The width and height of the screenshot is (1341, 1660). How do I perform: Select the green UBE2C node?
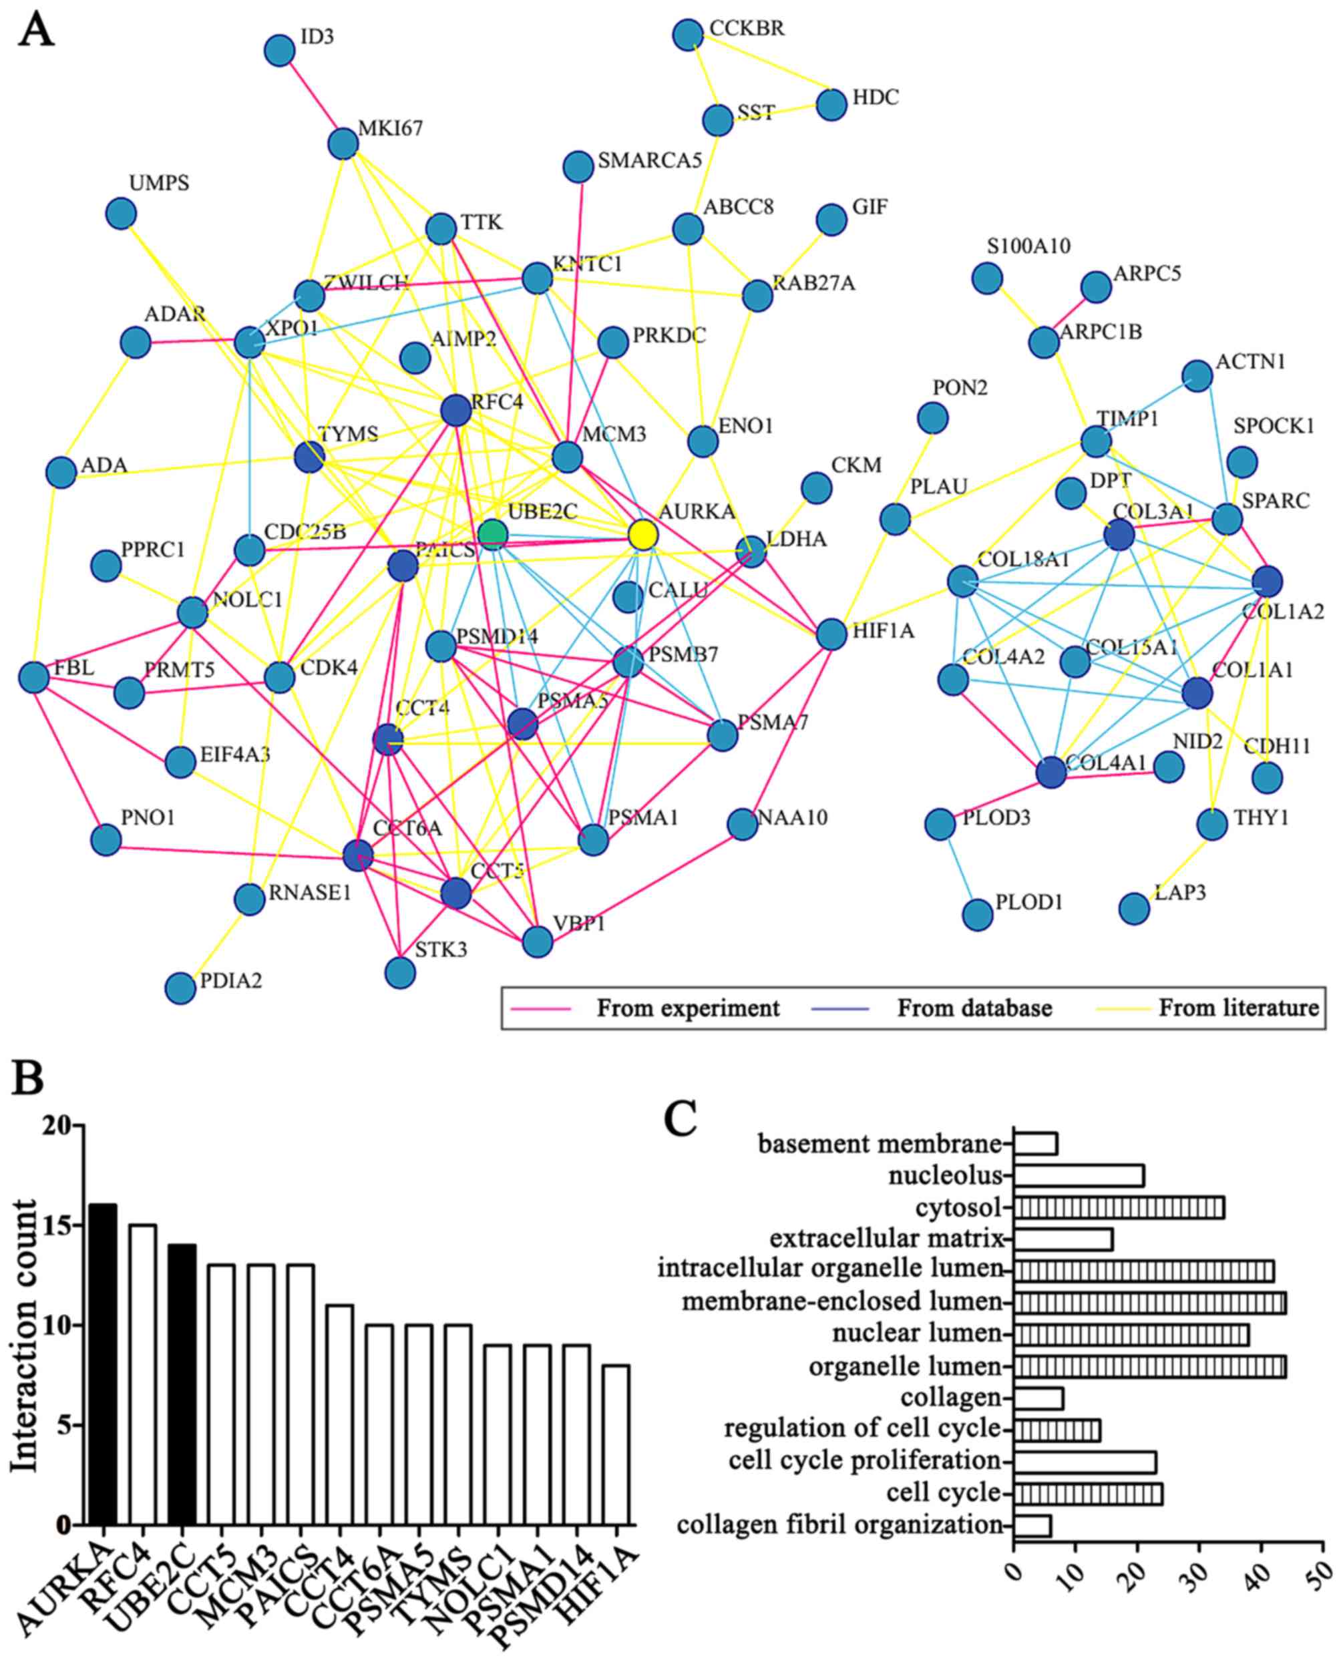[x=492, y=534]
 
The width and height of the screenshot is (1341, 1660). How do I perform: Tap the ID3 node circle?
[x=279, y=50]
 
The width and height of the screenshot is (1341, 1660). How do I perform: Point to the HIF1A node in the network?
[x=831, y=634]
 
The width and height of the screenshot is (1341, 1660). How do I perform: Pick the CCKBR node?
[x=687, y=34]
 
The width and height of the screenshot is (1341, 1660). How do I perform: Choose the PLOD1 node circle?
[x=978, y=915]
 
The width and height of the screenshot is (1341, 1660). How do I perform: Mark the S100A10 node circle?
[x=987, y=277]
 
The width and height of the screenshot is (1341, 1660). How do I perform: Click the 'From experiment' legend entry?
[x=687, y=1009]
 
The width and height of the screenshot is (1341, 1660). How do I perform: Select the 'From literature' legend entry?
[x=1238, y=1009]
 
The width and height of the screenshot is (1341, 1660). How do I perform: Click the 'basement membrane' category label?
[x=880, y=1144]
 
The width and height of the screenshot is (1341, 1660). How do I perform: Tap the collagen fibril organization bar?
[x=1032, y=1526]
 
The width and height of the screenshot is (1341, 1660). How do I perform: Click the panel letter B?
[x=28, y=1078]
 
